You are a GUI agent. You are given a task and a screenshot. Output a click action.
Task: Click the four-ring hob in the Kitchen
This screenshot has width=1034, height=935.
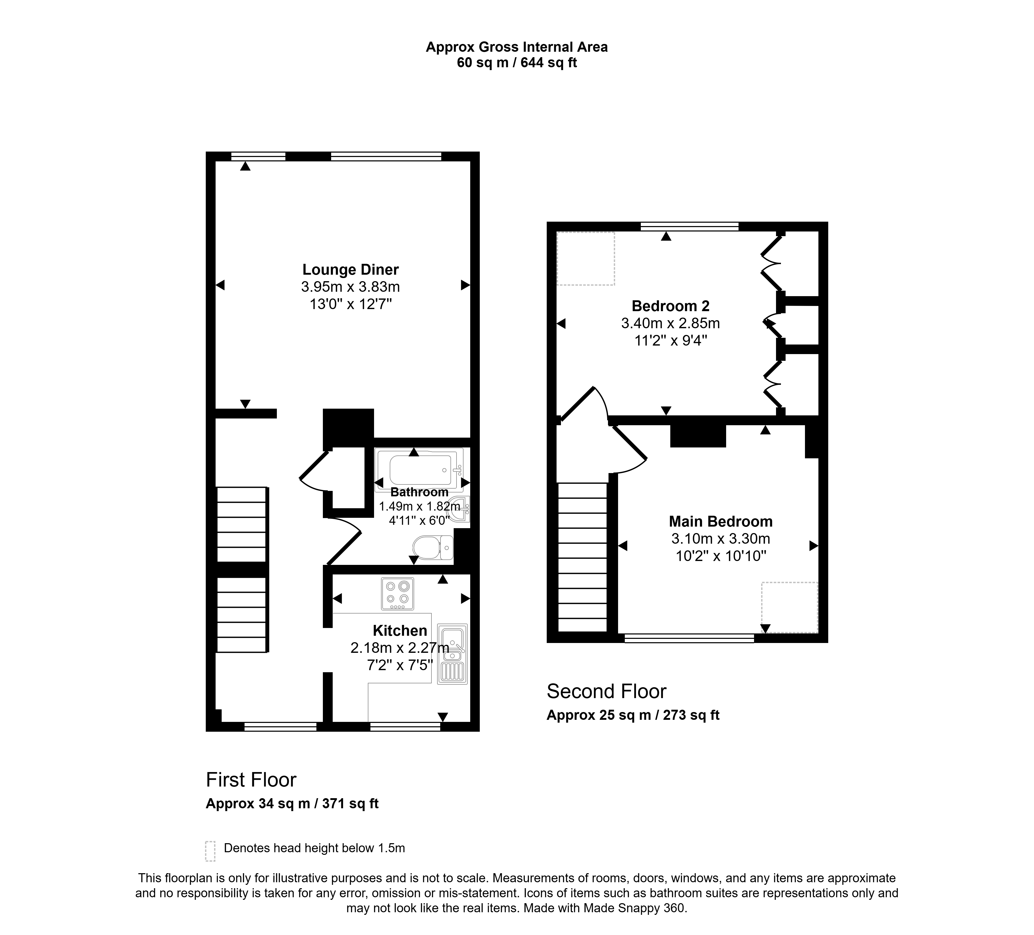(x=398, y=594)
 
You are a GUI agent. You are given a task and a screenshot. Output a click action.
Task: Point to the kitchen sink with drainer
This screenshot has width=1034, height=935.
(x=452, y=654)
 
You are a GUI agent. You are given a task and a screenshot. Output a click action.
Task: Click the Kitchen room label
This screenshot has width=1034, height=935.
(x=400, y=631)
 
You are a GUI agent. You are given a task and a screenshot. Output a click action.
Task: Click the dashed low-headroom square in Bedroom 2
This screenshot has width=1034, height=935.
(x=586, y=259)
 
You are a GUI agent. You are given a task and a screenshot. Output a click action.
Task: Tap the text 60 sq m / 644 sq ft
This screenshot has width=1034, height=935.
(x=517, y=63)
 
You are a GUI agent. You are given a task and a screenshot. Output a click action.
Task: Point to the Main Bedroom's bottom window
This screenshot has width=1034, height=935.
(x=689, y=638)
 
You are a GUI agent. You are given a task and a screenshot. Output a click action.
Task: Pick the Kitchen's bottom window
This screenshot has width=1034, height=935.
(x=405, y=726)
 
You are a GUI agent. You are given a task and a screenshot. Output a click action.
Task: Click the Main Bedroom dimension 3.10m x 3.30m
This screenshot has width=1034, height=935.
(x=721, y=539)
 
